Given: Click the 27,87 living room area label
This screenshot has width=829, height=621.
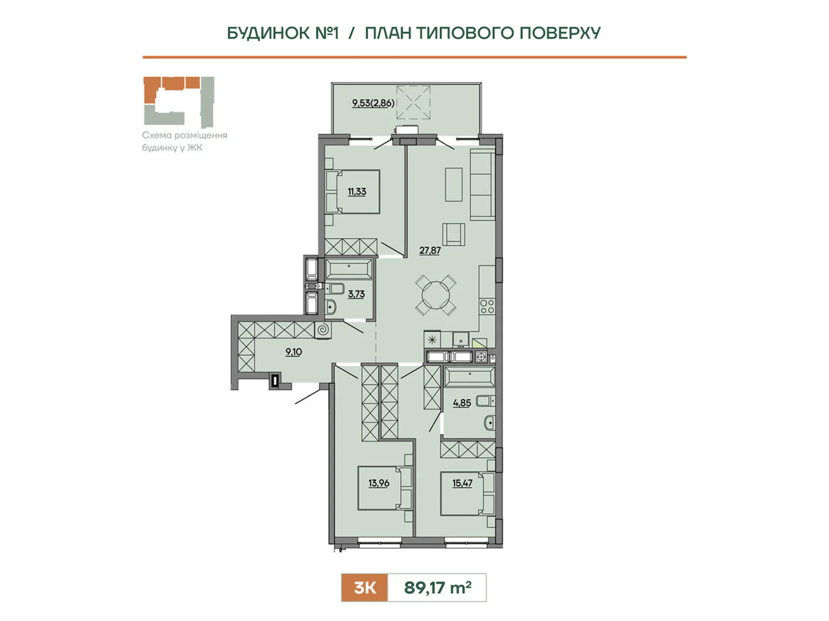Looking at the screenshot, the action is (430, 250).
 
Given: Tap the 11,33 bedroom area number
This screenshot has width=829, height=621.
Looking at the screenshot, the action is (357, 191).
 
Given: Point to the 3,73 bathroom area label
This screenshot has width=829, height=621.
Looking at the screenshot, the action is (356, 294).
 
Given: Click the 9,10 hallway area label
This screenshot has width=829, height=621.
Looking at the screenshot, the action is (293, 352).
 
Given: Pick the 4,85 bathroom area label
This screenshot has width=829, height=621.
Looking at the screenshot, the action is (462, 403).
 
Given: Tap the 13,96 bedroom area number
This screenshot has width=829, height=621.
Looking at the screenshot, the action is (379, 483).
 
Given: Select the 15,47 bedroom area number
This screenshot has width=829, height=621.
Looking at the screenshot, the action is (462, 483).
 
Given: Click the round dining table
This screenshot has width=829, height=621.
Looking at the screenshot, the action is (436, 295).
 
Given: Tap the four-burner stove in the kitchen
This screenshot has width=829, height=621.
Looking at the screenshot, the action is (487, 306).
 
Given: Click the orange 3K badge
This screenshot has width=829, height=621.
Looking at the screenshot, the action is (364, 587).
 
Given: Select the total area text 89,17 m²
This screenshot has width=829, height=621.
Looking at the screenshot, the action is (437, 587).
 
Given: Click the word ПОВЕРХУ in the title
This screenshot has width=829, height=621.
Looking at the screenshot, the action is (560, 33).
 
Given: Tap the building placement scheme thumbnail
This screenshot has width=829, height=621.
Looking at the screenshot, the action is (179, 102).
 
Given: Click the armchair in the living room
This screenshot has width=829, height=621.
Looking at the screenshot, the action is (453, 234).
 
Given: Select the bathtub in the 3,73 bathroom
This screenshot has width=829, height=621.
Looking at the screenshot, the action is (349, 269).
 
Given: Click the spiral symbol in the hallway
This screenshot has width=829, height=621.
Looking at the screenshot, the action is (323, 330).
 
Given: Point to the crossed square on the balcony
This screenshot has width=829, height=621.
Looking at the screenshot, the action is (413, 102).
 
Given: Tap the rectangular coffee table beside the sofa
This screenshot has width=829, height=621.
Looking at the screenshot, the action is (453, 185).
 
